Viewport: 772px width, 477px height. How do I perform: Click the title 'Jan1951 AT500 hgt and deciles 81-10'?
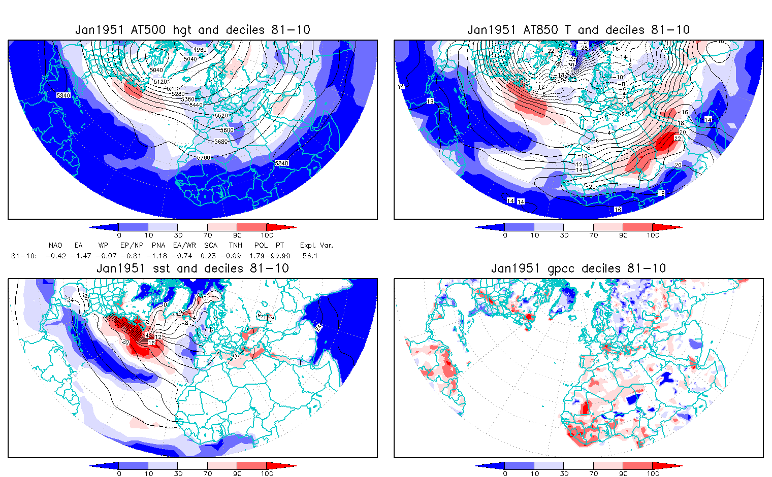coord(192,30)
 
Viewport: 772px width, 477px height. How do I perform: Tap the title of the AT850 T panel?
coord(578,30)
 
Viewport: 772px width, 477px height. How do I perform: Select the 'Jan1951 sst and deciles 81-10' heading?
coord(192,268)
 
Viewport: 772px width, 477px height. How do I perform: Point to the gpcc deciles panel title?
coord(578,268)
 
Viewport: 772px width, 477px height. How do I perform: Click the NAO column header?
coord(55,246)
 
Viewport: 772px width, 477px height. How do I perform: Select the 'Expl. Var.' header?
coord(316,246)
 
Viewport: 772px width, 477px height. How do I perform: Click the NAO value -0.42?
coord(55,256)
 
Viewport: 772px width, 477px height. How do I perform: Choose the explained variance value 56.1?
coord(310,256)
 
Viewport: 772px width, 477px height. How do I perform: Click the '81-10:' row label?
coord(24,256)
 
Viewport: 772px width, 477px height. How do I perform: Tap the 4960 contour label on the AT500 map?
coord(200,50)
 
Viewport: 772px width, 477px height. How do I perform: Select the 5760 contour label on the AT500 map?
coord(204,158)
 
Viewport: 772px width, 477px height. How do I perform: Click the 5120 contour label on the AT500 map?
coord(160,82)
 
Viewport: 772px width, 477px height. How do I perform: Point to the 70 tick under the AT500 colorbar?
coord(208,235)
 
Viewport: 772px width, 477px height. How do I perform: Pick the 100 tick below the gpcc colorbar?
coord(653,474)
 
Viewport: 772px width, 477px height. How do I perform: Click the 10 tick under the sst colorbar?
coord(149,474)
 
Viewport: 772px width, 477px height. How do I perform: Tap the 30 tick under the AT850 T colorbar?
coord(564,235)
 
